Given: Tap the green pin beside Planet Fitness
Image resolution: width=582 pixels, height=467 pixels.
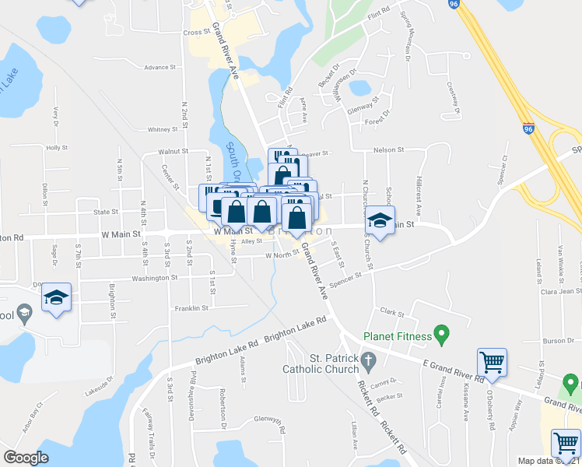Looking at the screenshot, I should tap(443, 335).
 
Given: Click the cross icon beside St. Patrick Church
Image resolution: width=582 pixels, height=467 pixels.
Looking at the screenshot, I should tap(371, 360).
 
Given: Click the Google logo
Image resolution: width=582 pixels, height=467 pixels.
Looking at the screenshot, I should tap(26, 458).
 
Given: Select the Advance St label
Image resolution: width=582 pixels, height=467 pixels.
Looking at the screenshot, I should tap(160, 68).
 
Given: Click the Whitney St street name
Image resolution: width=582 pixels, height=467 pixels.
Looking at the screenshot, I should tap(163, 130).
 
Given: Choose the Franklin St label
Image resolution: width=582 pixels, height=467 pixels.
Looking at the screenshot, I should tap(191, 308).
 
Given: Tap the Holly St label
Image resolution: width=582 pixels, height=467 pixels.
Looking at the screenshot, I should tap(58, 147).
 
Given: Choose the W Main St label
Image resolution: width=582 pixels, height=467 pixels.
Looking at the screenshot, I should tap(120, 233).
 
